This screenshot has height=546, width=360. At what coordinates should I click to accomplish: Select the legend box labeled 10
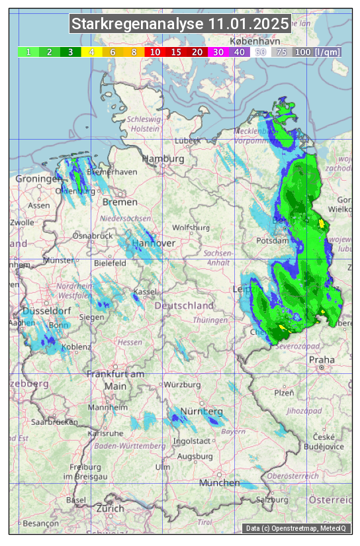click(x=155, y=52)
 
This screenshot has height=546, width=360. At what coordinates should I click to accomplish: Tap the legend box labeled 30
click(x=218, y=52)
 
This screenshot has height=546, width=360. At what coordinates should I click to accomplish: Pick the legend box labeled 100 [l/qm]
click(x=318, y=52)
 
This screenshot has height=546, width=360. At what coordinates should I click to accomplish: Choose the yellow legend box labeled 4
click(x=92, y=52)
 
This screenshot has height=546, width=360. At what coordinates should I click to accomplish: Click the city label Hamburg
click(x=163, y=159)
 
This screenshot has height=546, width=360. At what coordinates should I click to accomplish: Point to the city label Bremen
click(x=120, y=202)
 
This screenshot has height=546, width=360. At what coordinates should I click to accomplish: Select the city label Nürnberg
click(x=202, y=412)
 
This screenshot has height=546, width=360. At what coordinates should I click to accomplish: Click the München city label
click(x=219, y=484)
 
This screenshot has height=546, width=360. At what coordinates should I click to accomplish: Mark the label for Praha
click(x=322, y=360)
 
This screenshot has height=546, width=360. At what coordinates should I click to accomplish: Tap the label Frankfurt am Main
click(x=115, y=380)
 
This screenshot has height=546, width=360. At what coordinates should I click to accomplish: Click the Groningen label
click(x=38, y=179)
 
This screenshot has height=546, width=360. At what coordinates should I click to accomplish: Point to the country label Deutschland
click(x=184, y=306)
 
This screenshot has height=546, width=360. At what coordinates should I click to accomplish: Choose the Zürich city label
click(x=110, y=508)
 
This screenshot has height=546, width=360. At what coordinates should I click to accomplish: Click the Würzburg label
click(x=182, y=385)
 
